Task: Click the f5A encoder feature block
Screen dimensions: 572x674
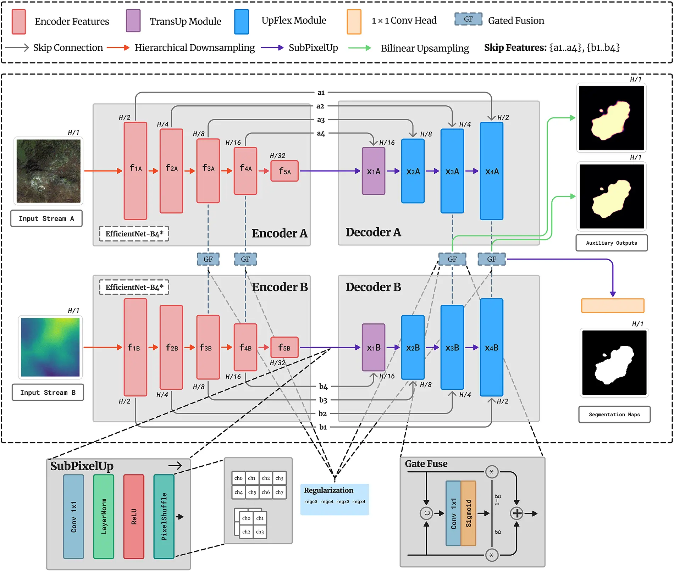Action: (x=284, y=171)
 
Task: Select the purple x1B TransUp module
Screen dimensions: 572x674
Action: (x=373, y=348)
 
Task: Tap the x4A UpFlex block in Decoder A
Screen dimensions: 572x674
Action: (x=491, y=171)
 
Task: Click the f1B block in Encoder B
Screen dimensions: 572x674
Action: (x=135, y=348)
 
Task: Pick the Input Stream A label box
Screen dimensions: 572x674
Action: (x=46, y=218)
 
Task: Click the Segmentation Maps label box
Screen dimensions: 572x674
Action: (x=614, y=414)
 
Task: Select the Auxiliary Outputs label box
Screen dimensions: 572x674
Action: (x=611, y=243)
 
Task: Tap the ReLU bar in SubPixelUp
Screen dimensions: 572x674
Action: (x=134, y=517)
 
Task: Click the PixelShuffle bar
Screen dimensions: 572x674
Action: (x=164, y=517)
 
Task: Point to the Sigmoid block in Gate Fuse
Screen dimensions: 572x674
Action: (x=468, y=513)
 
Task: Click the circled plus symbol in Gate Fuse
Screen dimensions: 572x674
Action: (x=516, y=513)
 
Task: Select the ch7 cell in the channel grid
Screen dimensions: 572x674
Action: (x=279, y=492)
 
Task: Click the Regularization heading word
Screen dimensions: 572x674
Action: (x=328, y=490)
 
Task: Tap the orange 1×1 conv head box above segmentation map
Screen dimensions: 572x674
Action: (x=613, y=305)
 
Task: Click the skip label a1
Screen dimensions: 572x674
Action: (x=321, y=93)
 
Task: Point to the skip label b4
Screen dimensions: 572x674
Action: (x=323, y=387)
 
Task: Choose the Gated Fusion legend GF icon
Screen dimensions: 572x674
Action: (x=468, y=19)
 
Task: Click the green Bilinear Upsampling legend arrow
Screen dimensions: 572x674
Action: (x=359, y=48)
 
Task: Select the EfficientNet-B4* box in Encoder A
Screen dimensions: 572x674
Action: (x=134, y=234)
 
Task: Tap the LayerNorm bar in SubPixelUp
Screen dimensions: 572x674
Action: (x=104, y=517)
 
